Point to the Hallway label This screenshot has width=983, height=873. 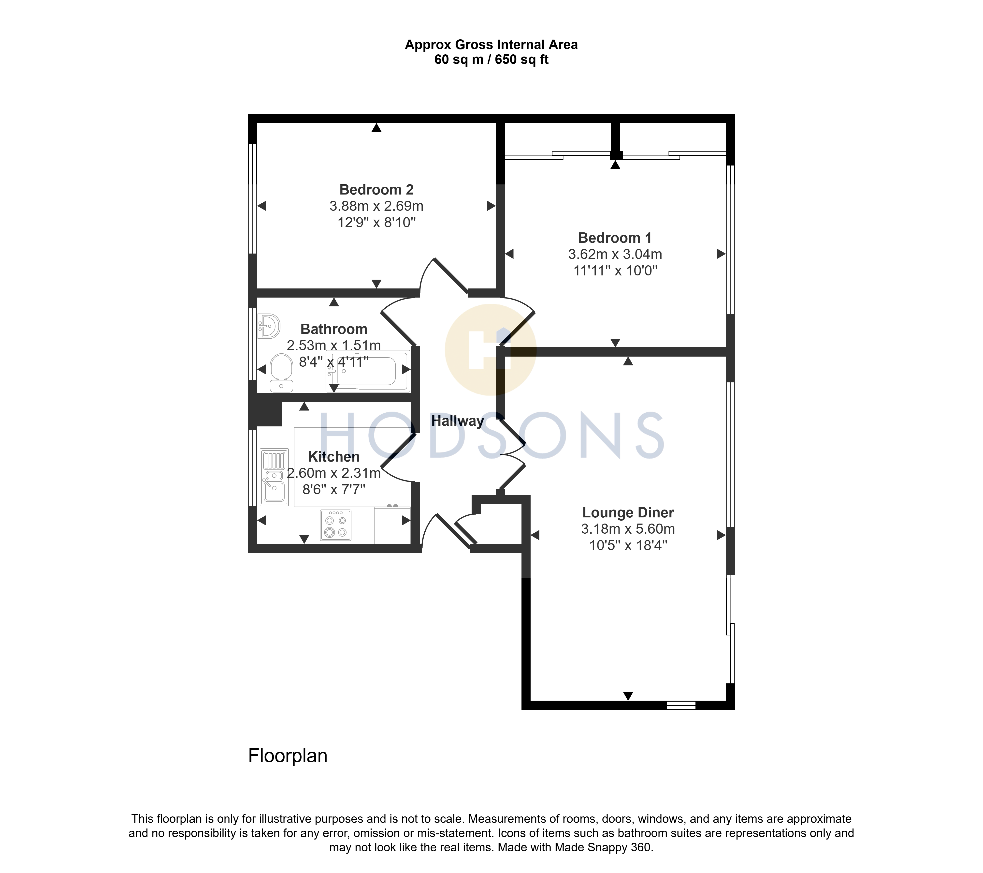click(457, 421)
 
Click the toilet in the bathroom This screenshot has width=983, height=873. click(281, 373)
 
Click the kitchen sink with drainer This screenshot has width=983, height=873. click(274, 477)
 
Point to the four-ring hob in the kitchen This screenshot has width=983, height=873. click(336, 525)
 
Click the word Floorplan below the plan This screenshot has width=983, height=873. click(288, 756)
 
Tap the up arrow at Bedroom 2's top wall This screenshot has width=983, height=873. click(376, 128)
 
